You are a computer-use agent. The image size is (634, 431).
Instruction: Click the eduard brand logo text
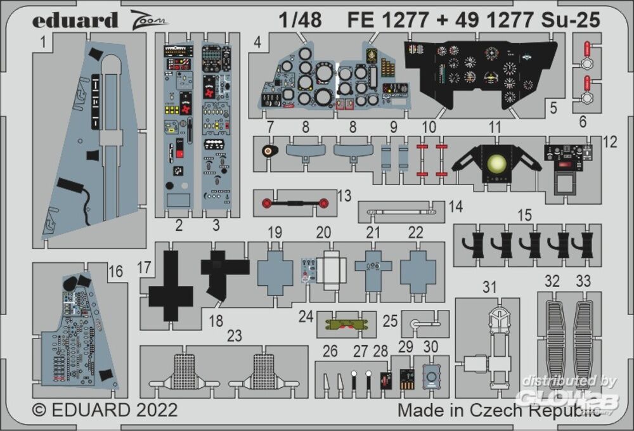tap(75, 20)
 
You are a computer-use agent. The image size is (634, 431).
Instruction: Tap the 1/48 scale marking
tap(299, 20)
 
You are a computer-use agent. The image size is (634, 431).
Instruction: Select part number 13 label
tap(344, 195)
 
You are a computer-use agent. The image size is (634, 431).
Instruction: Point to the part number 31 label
tap(489, 287)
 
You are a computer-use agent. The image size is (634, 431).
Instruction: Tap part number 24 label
tap(306, 315)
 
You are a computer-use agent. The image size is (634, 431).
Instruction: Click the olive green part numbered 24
tap(346, 324)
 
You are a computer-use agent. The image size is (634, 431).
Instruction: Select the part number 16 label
tap(115, 271)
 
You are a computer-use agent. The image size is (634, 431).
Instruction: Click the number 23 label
tap(235, 337)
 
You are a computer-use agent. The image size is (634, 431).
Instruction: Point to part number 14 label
tap(455, 206)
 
